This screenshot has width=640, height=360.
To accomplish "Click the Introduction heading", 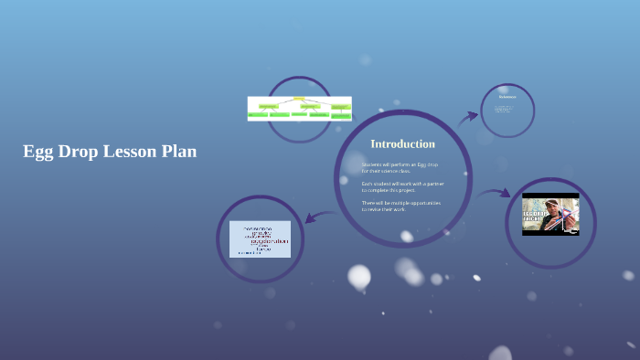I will coord(402,144).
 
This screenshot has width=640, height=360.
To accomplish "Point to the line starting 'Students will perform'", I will coord(400,164).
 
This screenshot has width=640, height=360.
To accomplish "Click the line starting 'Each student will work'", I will coord(401,184).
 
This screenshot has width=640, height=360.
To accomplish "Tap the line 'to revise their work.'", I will coord(385,209).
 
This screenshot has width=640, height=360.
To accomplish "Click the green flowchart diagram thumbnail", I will coord(299,109).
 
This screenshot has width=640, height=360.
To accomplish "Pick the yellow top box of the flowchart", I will coord(299,99).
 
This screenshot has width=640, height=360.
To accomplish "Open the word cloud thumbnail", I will coord(260,238).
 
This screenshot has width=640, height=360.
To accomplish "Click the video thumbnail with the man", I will coord(550,215).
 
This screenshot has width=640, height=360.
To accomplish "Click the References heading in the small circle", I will coord(507,97).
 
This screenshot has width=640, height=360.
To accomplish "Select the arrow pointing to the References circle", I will coord(468,117).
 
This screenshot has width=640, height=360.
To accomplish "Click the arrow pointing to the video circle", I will coord(494,193).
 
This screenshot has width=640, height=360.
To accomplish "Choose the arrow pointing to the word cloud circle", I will coord(319,217).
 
